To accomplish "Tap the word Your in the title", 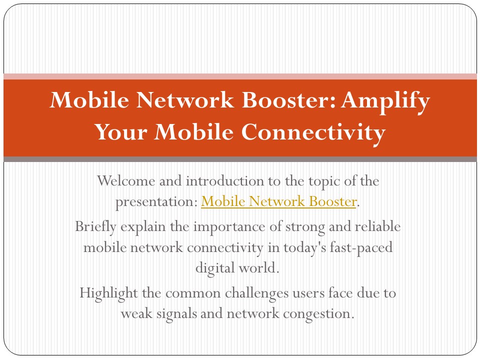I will [x=120, y=132].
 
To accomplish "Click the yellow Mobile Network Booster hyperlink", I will [x=278, y=201].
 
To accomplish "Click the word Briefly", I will [x=95, y=226].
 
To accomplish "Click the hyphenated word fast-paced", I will [x=366, y=247].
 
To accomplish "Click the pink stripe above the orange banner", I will [x=240, y=76].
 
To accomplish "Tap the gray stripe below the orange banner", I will [x=240, y=159].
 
